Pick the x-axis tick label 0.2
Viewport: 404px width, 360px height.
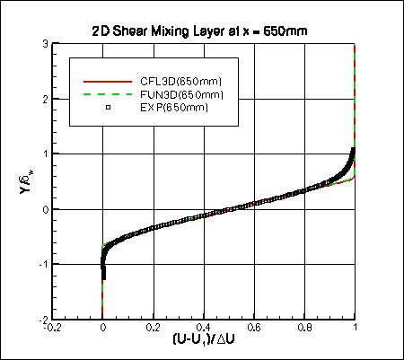click(154, 329)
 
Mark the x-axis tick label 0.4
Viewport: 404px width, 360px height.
click(204, 329)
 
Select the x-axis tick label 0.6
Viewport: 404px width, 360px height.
click(254, 329)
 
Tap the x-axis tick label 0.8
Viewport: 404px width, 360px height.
click(304, 329)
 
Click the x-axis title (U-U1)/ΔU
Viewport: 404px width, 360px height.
click(203, 341)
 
